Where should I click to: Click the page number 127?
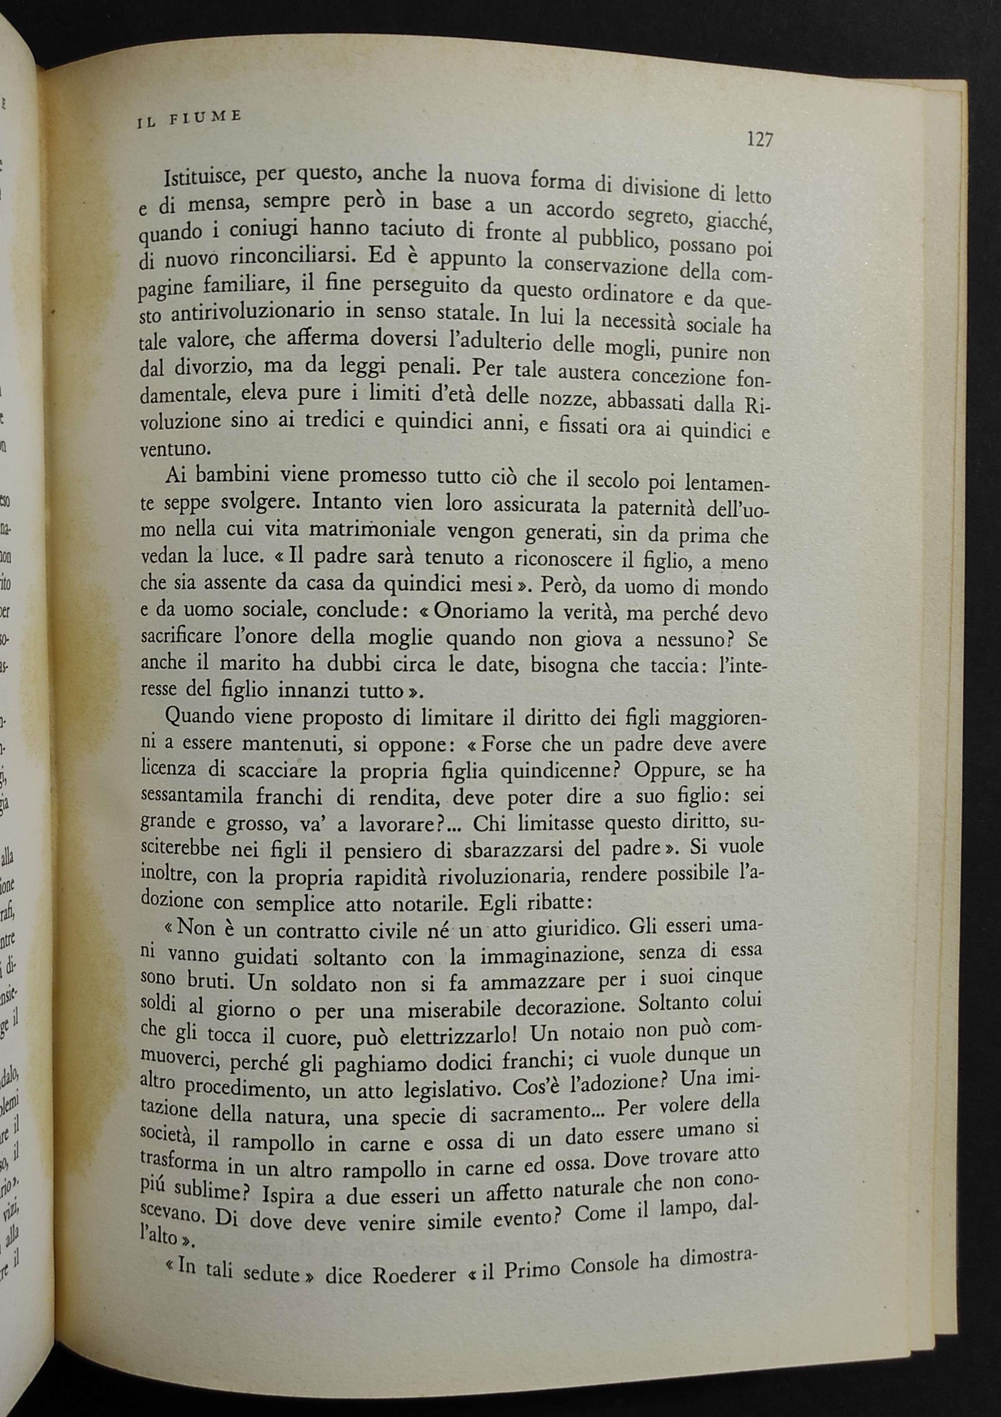pyautogui.click(x=759, y=140)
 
